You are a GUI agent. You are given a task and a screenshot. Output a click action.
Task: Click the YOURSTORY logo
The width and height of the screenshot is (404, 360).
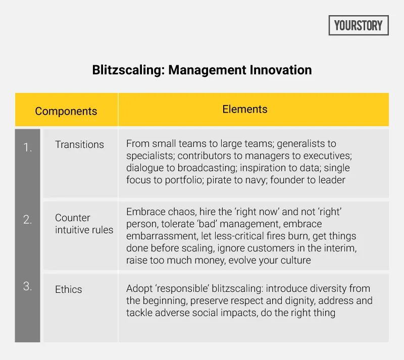pyautogui.click(x=359, y=25)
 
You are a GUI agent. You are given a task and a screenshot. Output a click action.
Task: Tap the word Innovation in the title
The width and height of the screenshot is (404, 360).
pyautogui.click(x=281, y=70)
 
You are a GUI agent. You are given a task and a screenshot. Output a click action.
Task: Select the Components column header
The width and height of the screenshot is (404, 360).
pyautogui.click(x=66, y=111)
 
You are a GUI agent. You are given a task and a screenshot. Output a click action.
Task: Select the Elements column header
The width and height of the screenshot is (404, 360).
pyautogui.click(x=245, y=109)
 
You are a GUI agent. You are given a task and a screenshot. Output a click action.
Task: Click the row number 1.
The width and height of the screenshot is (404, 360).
pyautogui.click(x=27, y=148)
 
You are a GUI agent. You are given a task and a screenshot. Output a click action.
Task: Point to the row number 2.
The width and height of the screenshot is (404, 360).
pyautogui.click(x=27, y=219)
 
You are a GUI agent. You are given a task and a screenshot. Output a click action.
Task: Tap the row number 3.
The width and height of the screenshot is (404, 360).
pyautogui.click(x=27, y=286)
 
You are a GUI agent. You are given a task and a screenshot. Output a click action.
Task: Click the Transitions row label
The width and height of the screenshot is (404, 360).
pyautogui.click(x=79, y=144)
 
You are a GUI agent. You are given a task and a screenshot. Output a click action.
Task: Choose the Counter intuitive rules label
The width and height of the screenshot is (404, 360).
pyautogui.click(x=84, y=224)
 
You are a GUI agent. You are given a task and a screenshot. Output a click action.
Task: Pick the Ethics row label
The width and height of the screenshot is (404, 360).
pyautogui.click(x=68, y=289)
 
